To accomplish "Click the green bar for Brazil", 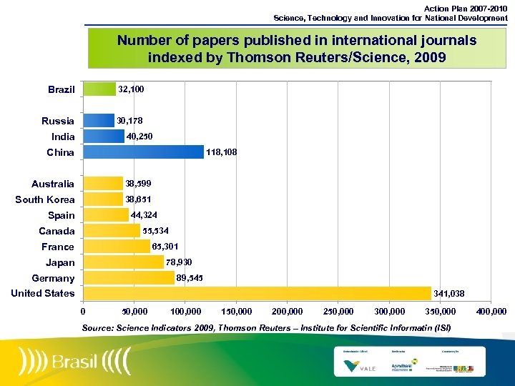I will coord(99,89).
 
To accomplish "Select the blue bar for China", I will coord(144,152).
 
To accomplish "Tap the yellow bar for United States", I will coord(257,293).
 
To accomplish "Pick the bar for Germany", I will coord(129,278).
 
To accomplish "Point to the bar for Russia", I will coord(99,121).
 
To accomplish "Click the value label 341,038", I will coord(449,293).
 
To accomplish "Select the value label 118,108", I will coord(221,152).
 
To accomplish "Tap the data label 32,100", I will coord(131,89).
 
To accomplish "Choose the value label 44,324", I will coord(144,215).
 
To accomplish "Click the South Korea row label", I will coord(45,199).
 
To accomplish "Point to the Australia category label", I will coord(53,184).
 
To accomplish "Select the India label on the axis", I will coord(63,137).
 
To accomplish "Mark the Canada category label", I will coord(57,231).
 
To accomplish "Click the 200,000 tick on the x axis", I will coord(287,312).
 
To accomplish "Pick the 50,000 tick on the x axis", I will coord(134,312).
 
